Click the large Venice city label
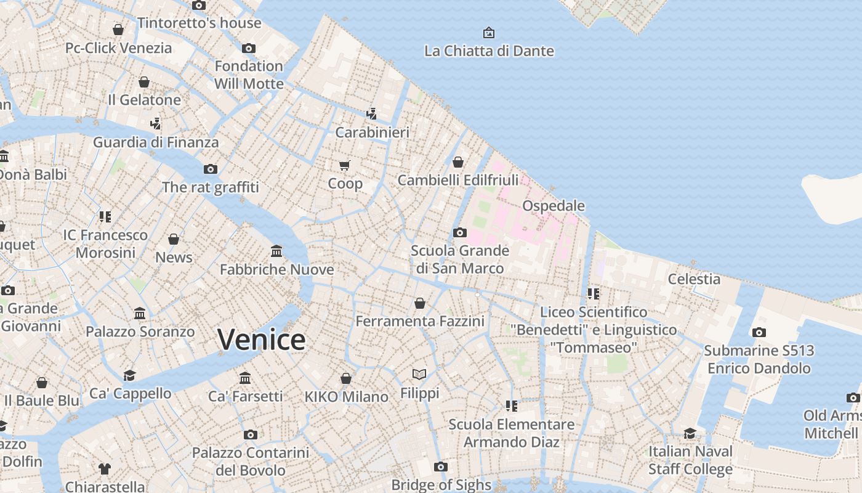click(261, 340)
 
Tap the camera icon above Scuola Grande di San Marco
click(459, 233)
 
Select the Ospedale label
click(553, 205)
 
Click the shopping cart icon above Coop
click(345, 165)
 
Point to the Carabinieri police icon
click(371, 113)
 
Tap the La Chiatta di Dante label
click(489, 51)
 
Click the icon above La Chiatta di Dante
click(489, 32)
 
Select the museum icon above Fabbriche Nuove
click(276, 251)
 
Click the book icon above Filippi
click(419, 374)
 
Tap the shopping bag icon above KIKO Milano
click(346, 378)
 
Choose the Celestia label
click(694, 279)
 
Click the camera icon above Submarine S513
click(759, 332)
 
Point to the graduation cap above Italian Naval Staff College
click(690, 433)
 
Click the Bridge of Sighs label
click(441, 485)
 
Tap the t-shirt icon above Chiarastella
click(104, 469)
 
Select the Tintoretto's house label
click(199, 23)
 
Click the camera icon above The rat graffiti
click(211, 169)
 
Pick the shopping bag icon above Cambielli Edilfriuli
click(457, 162)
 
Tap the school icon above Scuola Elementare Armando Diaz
click(511, 405)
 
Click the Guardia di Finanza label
click(156, 142)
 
